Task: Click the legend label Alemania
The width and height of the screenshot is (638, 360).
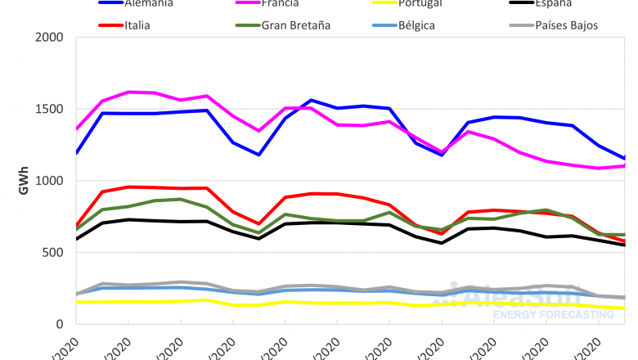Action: [x=150, y=3]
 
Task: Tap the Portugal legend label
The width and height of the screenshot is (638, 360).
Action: [x=421, y=3]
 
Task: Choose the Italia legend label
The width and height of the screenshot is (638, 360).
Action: [x=137, y=25]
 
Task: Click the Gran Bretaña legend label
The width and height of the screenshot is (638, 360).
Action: [x=296, y=25]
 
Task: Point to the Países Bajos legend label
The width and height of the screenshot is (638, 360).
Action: [x=567, y=25]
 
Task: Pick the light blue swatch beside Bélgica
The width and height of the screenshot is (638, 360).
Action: [x=377, y=25]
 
